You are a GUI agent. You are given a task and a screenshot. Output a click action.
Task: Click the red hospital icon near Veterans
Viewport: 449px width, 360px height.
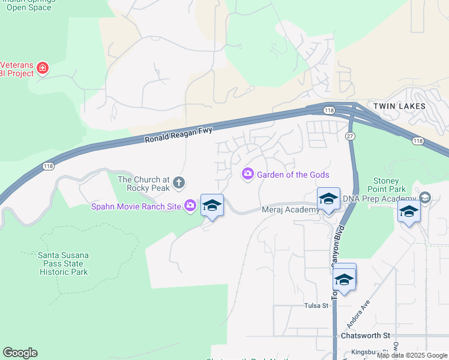point(43,68)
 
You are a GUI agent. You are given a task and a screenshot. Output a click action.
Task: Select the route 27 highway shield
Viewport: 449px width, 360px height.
point(350,136)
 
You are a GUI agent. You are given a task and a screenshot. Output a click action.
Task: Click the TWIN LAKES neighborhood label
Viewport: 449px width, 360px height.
point(399,106)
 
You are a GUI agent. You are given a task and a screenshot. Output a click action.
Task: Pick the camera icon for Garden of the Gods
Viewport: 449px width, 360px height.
point(247,174)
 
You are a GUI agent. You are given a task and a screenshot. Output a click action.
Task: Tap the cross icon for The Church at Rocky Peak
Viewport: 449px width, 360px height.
point(178,182)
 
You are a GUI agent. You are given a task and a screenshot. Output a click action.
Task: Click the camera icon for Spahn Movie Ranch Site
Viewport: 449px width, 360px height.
point(190,206)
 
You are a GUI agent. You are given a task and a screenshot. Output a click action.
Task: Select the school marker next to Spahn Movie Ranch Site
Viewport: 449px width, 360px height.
point(212,206)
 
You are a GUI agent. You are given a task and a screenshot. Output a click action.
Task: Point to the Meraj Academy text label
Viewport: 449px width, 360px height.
point(291,210)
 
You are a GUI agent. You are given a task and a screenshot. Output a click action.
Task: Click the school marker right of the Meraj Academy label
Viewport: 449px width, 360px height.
point(328,199)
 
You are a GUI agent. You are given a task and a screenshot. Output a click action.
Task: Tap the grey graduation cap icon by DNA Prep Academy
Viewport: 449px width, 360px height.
point(425,198)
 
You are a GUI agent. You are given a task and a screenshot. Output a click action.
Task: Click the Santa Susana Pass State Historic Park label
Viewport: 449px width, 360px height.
point(63,263)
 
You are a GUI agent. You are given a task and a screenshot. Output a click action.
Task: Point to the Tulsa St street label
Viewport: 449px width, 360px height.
point(316,305)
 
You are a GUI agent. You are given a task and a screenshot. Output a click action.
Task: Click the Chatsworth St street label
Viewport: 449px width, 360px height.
point(366,335)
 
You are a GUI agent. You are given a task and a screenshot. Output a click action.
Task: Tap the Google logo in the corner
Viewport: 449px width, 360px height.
point(20,353)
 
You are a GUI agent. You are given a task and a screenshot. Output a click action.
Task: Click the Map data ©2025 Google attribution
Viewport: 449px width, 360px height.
point(412,355)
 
